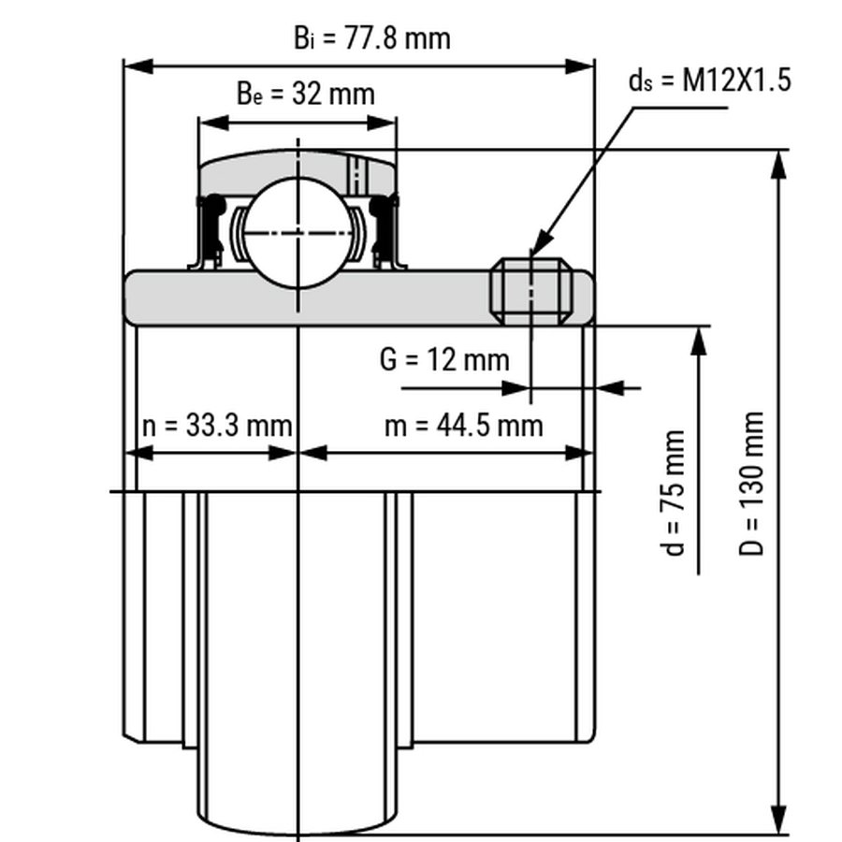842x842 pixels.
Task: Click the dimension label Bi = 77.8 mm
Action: (x=372, y=38)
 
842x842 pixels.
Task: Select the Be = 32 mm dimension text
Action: (x=305, y=94)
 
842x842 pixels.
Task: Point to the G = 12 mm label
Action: (x=444, y=358)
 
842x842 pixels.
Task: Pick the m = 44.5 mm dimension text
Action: (x=464, y=426)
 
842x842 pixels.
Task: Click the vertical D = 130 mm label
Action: (x=753, y=484)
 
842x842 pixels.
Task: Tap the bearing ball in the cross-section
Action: (x=298, y=228)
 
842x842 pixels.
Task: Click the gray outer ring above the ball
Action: (x=281, y=167)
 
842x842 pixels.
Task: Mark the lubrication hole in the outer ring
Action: (x=355, y=173)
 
